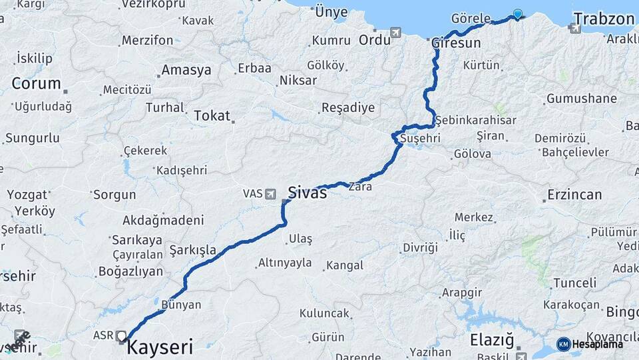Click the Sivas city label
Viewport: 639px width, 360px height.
pos(308,193)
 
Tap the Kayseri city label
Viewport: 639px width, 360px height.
pos(160,347)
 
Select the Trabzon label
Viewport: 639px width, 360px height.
pos(604,19)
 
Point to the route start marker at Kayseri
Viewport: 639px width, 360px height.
pos(121,336)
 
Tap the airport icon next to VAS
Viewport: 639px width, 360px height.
pos(270,194)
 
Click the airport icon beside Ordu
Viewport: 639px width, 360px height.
pos(396,32)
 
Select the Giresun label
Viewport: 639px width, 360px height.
pos(456,43)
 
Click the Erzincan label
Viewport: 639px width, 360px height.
pos(574,195)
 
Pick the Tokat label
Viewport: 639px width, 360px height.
pos(212,115)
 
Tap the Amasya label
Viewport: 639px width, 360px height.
pos(186,70)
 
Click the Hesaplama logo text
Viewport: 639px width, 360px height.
pos(598,344)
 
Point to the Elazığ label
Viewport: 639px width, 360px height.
pos(492,340)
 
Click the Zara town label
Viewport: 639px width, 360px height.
pos(359,187)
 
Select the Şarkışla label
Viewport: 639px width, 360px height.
pos(193,250)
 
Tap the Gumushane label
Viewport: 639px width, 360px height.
pos(581,99)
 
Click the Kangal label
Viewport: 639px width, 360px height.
pos(345,265)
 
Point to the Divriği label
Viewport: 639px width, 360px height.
pos(420,247)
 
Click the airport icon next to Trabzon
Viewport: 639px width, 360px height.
pos(575,28)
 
